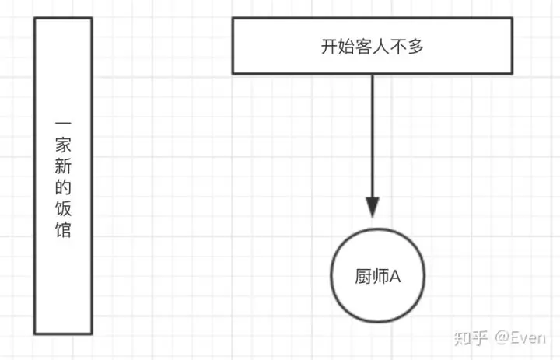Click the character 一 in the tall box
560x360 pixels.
pyautogui.click(x=64, y=124)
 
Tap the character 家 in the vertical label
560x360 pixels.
pyautogui.click(x=64, y=145)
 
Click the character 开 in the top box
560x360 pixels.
pyautogui.click(x=329, y=47)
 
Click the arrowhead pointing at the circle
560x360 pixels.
pyautogui.click(x=373, y=208)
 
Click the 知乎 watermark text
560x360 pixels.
pyautogui.click(x=472, y=337)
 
